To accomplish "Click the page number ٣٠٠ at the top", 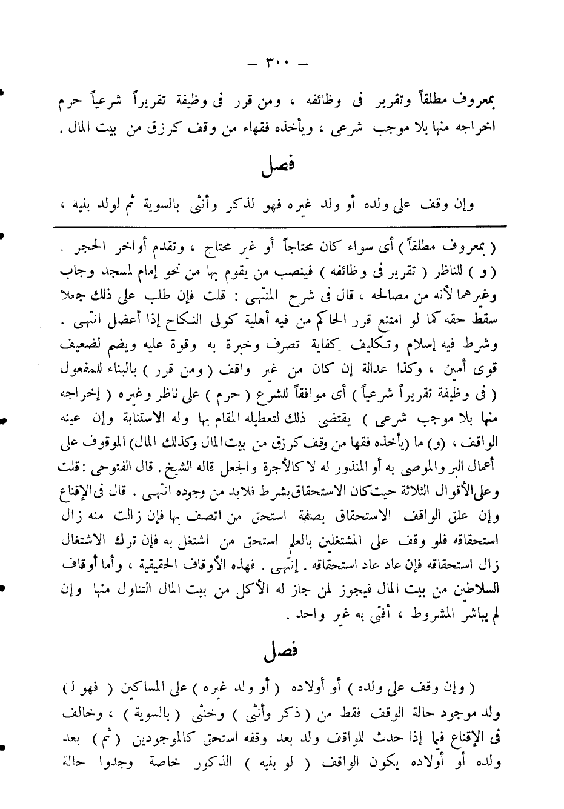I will pos(277,62).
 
